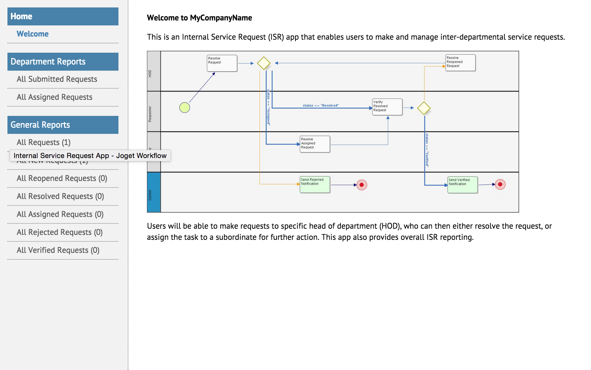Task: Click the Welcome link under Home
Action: point(33,34)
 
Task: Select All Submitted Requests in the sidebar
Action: point(57,79)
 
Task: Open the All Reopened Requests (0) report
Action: point(62,178)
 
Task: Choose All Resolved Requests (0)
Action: point(60,196)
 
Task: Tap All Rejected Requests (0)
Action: point(60,232)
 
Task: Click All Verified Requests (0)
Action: point(58,250)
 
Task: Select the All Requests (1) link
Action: point(43,143)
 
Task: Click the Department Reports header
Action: point(63,62)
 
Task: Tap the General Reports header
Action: point(63,125)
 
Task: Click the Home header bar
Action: point(63,16)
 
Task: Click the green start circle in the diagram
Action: point(184,108)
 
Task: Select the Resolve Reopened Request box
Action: point(460,63)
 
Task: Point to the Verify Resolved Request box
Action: point(387,107)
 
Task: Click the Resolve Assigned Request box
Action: point(315,144)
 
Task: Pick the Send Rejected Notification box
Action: point(315,184)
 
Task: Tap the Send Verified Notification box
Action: point(462,185)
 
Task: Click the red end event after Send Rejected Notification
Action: point(362,185)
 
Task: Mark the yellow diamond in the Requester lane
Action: point(424,108)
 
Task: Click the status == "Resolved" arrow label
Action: point(321,105)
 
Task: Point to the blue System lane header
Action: point(154,192)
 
